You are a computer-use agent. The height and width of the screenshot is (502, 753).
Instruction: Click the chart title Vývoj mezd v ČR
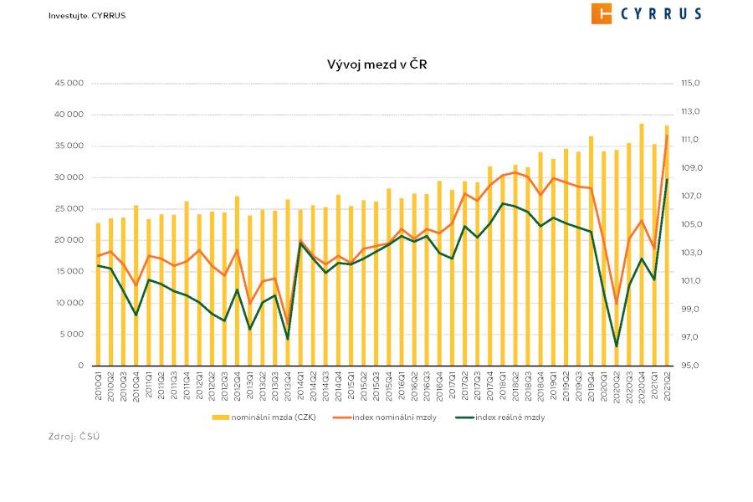[x=376, y=64]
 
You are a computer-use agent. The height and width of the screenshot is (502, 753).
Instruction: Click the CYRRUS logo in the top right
[x=646, y=13]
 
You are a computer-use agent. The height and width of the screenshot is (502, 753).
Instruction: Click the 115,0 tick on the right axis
[x=690, y=84]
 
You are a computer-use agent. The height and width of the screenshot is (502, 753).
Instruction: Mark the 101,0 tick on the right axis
[x=690, y=281]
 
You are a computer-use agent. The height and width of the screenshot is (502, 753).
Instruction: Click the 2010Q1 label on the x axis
[x=99, y=387]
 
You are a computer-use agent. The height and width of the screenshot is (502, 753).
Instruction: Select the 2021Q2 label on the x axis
[x=667, y=387]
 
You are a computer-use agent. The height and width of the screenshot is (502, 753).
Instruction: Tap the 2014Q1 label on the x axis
[x=300, y=387]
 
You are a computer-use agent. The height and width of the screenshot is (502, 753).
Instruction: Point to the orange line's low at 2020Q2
[x=616, y=304]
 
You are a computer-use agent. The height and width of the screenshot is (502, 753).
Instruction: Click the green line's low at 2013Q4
[x=288, y=339]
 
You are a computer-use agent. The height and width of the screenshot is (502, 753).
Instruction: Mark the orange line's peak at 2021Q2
[x=667, y=136]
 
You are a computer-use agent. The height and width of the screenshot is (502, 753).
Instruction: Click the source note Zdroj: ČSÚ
[x=74, y=437]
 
